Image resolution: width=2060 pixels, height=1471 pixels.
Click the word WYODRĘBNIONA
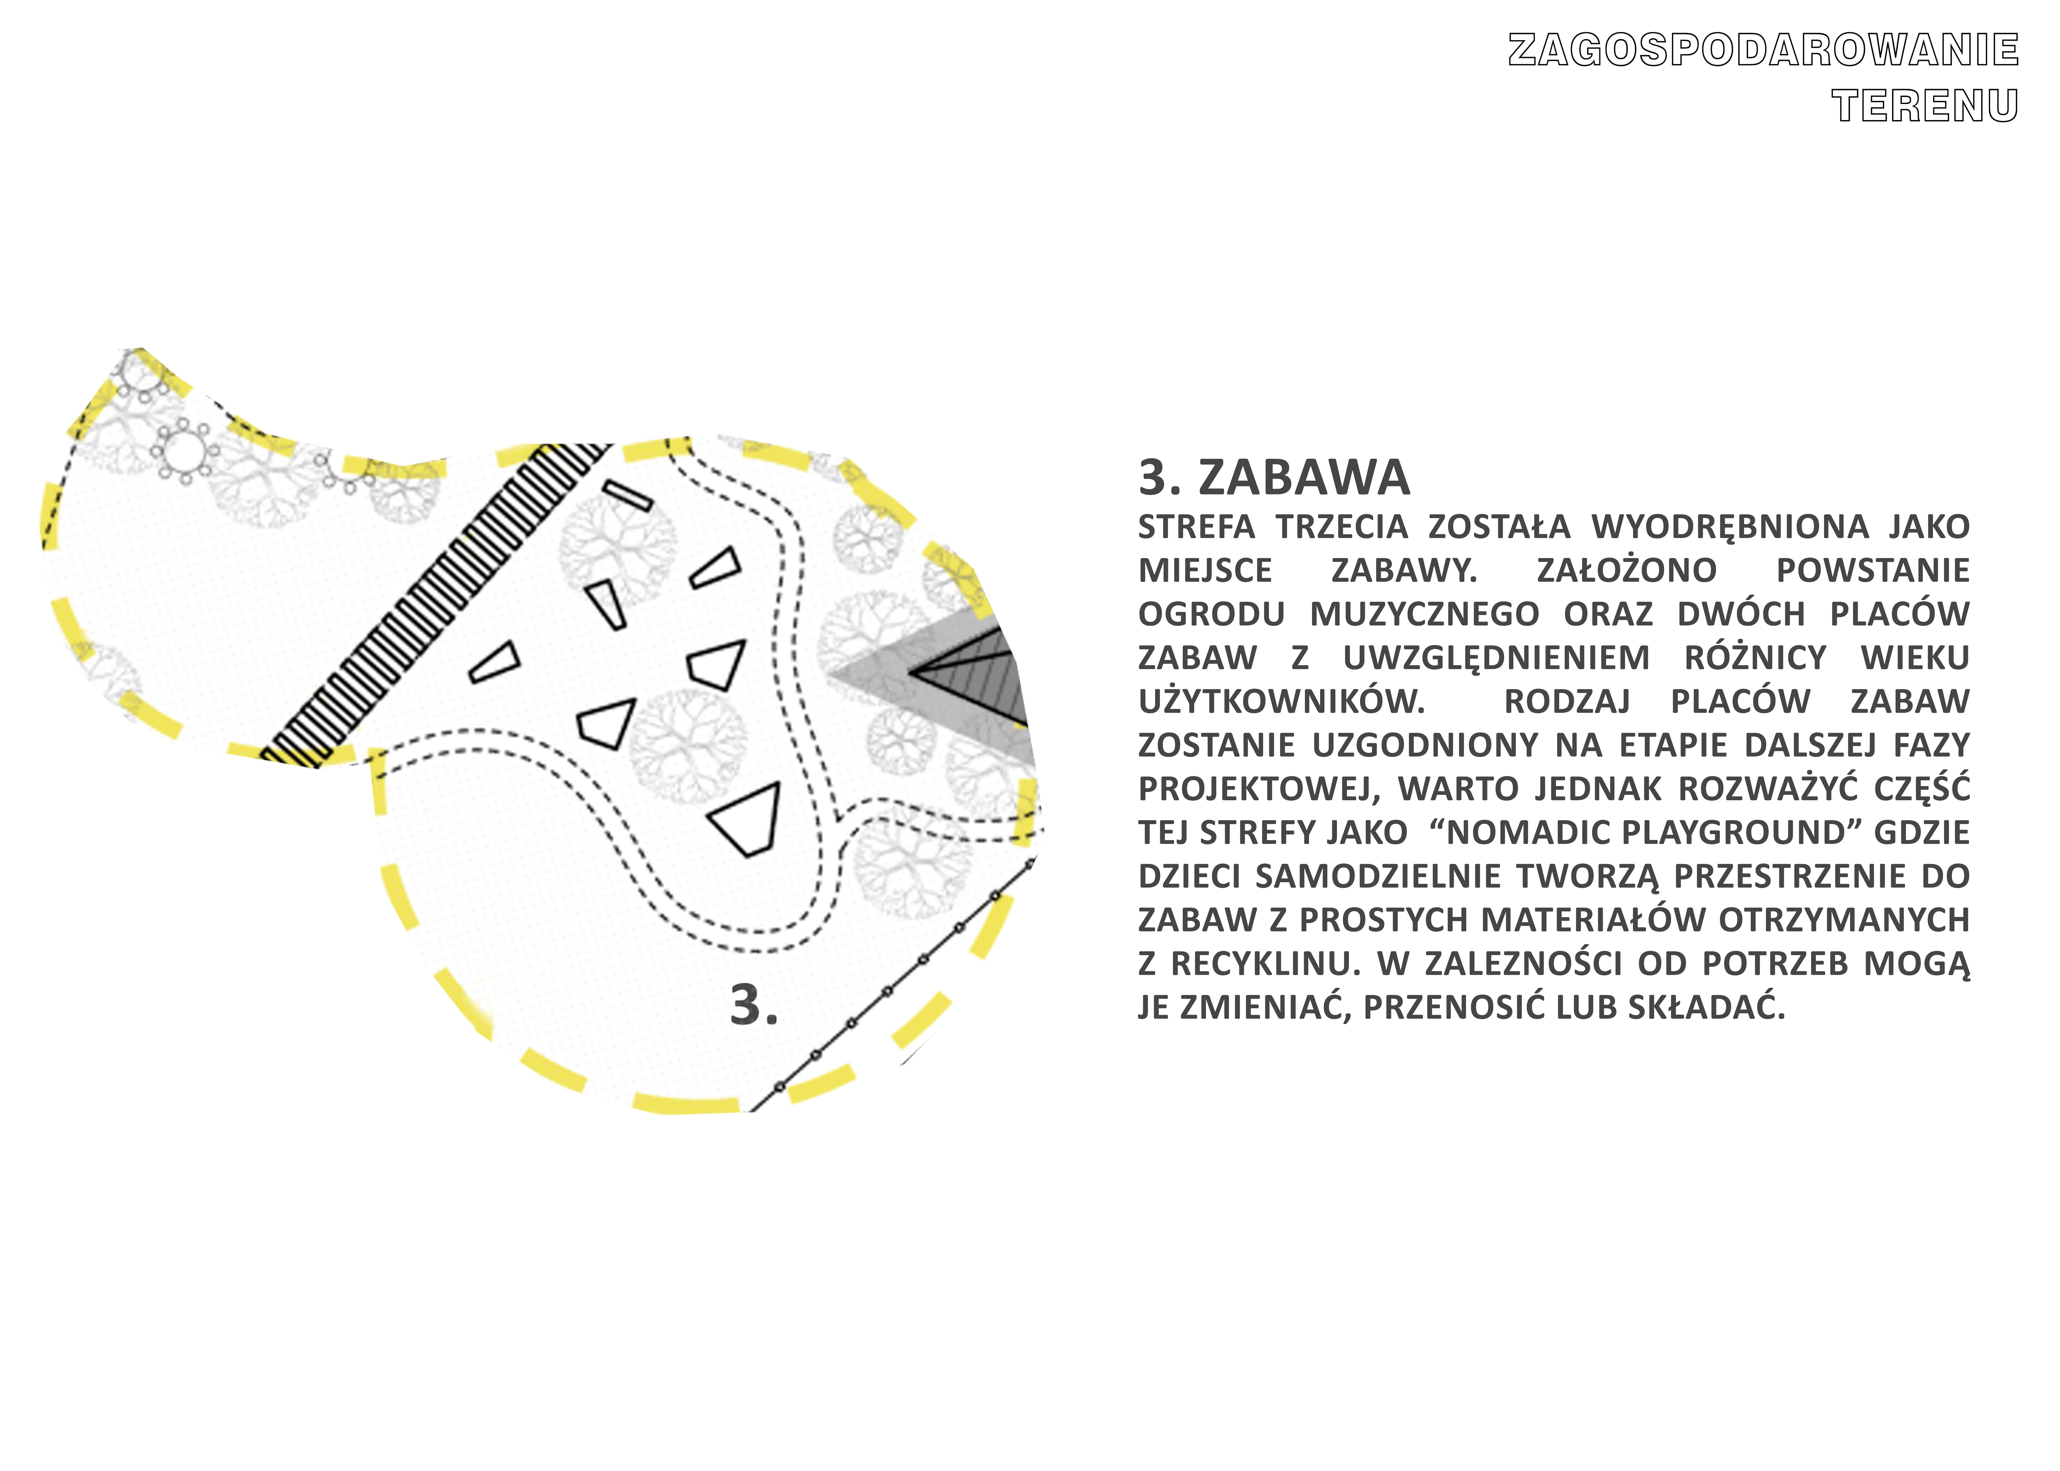pyautogui.click(x=1730, y=527)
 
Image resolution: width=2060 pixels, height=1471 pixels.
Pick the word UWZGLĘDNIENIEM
pyautogui.click(x=1496, y=658)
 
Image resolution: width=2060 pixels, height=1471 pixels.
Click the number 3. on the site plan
pyautogui.click(x=754, y=1005)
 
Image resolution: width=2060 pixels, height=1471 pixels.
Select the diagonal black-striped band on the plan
pyautogui.click(x=435, y=605)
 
